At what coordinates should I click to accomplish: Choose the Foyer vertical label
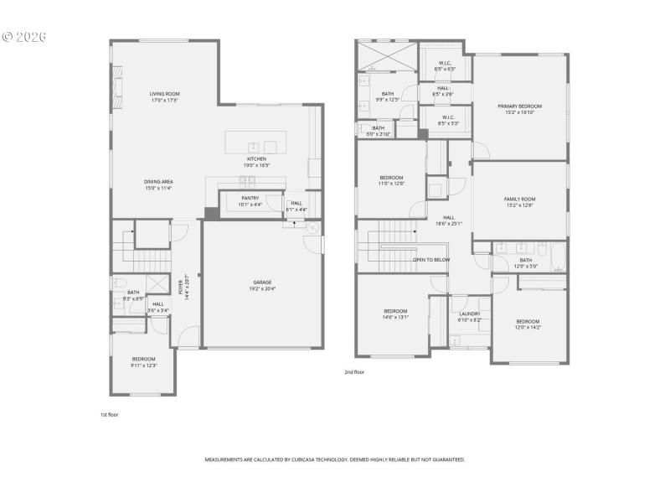click(183, 287)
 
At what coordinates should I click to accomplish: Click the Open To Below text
click(431, 260)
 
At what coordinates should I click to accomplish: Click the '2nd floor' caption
click(354, 371)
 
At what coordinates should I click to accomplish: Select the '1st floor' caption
click(109, 414)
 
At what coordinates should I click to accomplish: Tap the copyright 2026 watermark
click(24, 37)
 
